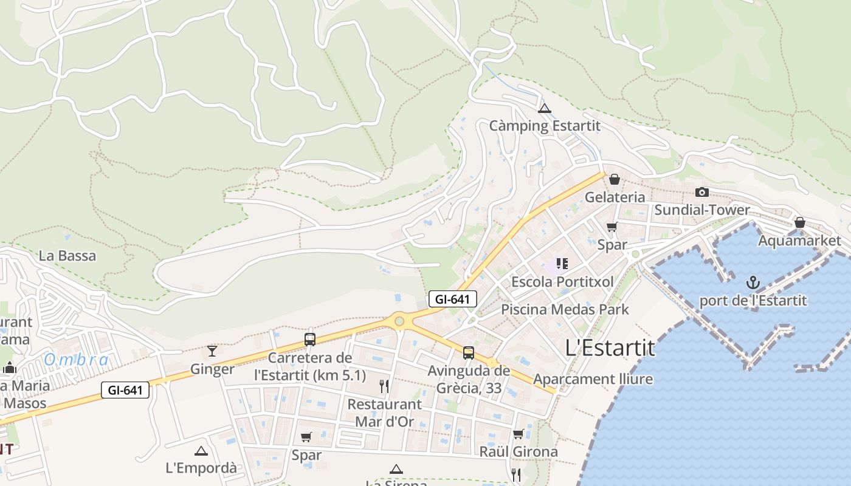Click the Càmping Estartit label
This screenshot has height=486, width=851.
(545, 126)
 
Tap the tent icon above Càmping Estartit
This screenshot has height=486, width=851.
(545, 109)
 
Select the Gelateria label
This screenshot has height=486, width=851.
(615, 197)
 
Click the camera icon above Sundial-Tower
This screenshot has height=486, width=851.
(702, 193)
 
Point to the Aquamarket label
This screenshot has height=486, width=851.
(799, 241)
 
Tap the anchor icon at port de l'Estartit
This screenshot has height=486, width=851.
(753, 282)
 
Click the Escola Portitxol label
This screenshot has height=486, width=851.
(562, 282)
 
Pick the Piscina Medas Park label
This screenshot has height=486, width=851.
(565, 309)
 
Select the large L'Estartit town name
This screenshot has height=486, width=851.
(610, 348)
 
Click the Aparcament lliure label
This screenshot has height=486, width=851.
(593, 379)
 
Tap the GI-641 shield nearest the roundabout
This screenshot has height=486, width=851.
(453, 299)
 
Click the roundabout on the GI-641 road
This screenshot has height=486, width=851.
(399, 321)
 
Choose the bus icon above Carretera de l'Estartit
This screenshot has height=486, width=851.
(310, 340)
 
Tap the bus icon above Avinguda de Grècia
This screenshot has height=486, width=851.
(469, 352)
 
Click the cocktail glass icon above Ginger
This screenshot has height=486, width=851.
(212, 351)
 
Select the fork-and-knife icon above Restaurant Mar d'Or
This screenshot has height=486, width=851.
(384, 386)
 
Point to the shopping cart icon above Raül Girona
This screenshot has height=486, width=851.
(518, 434)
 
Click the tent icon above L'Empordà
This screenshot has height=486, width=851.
(201, 451)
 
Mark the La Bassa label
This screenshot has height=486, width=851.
(67, 256)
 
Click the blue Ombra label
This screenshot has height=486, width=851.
(77, 360)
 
